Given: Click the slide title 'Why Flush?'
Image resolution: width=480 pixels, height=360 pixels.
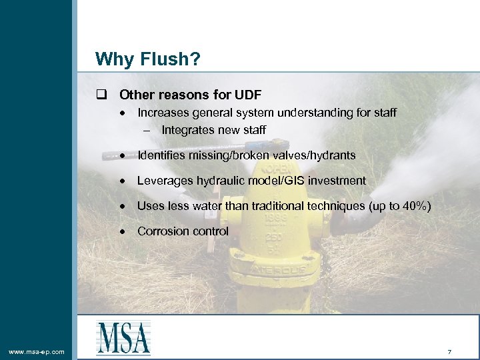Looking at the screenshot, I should (x=147, y=59).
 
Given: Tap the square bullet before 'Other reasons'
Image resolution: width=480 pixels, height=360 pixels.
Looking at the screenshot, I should (x=101, y=95).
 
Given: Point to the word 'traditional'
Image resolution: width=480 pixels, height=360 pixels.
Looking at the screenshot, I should (x=276, y=206).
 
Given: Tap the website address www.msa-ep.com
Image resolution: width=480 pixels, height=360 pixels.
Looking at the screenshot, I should (x=37, y=351).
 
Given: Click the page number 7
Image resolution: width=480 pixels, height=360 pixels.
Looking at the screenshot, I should (x=450, y=351).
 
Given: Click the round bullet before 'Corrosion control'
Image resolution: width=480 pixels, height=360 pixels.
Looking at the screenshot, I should (x=124, y=231).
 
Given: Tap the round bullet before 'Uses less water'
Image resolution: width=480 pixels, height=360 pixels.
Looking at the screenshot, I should (x=124, y=206).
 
